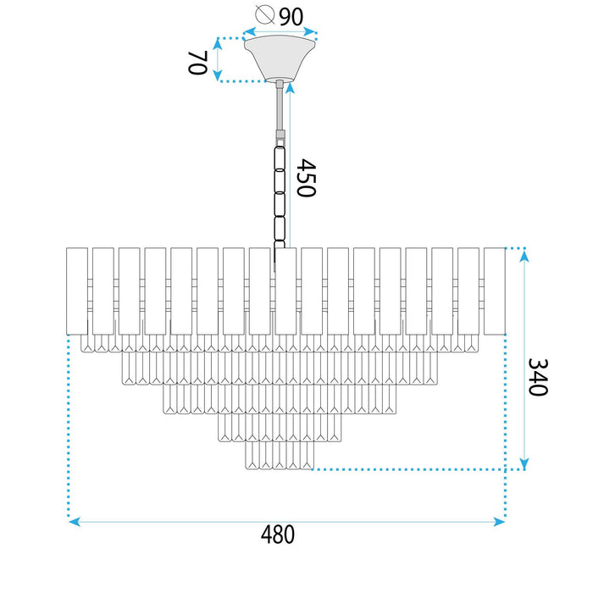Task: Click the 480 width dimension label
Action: click(x=278, y=534)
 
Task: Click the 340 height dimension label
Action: click(x=538, y=377)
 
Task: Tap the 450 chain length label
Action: click(x=306, y=178)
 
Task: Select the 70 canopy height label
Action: click(x=197, y=63)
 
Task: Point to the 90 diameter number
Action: click(x=291, y=17)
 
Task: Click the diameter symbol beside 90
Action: click(x=264, y=14)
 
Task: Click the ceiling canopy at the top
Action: click(x=280, y=58)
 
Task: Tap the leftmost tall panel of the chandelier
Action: click(x=77, y=291)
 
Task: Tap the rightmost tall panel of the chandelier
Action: click(x=495, y=291)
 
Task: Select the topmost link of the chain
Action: click(x=280, y=158)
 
